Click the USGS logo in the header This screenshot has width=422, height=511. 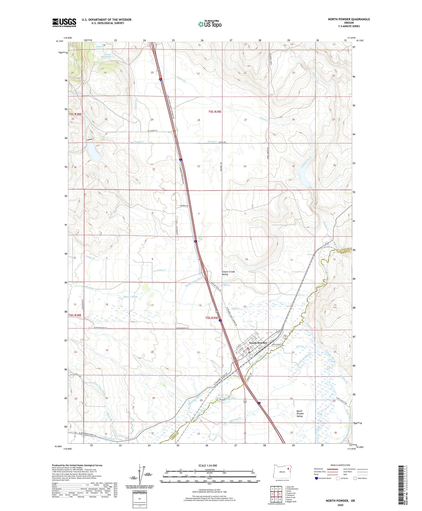point(64,23)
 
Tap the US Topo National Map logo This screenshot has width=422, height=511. point(210,24)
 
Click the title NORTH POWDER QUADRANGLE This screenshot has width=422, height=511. point(349,19)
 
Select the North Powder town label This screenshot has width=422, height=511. point(258,343)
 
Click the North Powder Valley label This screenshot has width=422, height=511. point(300,413)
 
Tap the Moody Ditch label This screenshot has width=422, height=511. point(131,297)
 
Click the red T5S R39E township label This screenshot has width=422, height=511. point(215,112)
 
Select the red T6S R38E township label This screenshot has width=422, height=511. point(75,315)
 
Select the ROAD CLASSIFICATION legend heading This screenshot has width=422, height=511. point(340,465)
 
